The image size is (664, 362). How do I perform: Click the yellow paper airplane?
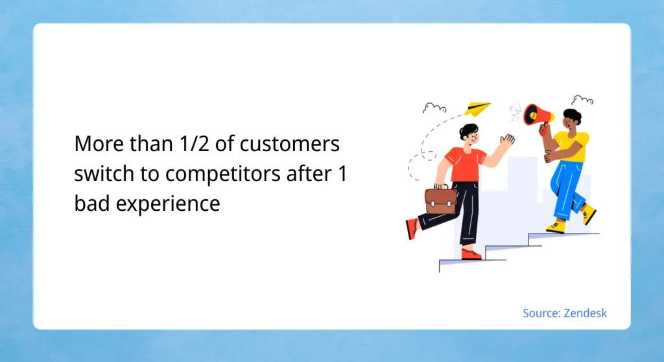point(477,109)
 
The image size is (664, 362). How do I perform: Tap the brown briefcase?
point(440,200)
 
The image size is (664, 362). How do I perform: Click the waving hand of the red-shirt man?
point(508,141)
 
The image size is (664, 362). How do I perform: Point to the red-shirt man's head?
point(468,134)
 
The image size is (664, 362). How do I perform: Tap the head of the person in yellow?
point(571,120)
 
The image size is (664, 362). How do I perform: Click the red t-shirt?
point(466,164)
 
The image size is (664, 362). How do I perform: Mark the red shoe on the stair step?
point(471,254)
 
